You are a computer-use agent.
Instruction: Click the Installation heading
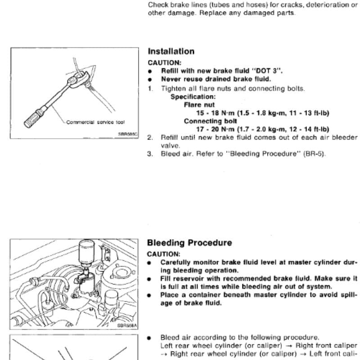coord(171,51)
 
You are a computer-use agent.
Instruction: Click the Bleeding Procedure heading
coord(189,243)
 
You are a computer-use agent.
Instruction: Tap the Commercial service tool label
coord(95,122)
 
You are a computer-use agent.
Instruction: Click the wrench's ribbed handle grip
coord(33,118)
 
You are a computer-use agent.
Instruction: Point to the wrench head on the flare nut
coord(78,79)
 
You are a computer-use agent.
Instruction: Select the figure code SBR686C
coord(128,134)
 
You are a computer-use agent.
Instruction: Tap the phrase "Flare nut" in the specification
coord(199,105)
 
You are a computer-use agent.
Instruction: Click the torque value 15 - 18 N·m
coord(216,113)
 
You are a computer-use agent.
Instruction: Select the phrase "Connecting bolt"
coord(210,121)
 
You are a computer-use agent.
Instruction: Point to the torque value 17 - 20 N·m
coord(216,130)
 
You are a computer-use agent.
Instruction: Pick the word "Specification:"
coord(193,97)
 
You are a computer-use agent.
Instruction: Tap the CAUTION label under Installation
coord(164,63)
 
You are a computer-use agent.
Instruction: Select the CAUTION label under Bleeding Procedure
coord(164,254)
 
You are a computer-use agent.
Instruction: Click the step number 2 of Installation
coord(150,138)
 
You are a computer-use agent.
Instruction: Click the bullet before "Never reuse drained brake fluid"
coord(150,80)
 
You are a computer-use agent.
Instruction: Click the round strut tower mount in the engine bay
coord(121,273)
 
